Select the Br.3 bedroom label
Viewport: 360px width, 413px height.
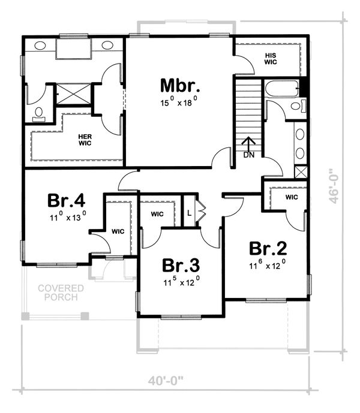(179, 264)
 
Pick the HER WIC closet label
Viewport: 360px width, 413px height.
(85, 140)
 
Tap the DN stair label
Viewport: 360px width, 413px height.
(249, 155)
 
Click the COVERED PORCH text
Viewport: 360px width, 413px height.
(61, 293)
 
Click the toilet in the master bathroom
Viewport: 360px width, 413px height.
(39, 113)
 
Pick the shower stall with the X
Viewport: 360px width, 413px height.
(74, 94)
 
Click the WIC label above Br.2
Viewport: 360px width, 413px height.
(292, 197)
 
